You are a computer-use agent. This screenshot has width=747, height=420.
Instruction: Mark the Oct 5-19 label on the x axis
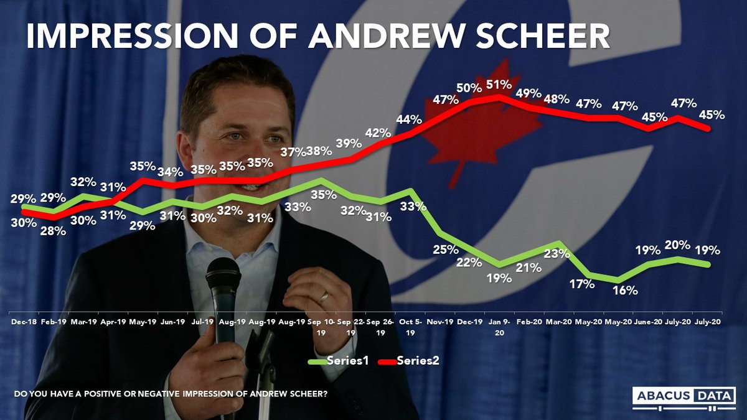[410, 328]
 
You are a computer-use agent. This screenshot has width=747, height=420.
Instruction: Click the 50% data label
[469, 88]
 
